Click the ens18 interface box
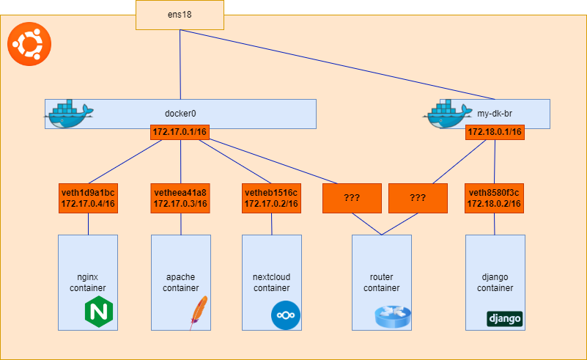tap(180, 15)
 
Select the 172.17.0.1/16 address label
tap(180, 132)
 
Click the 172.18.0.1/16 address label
tap(494, 132)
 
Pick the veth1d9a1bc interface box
tap(88, 198)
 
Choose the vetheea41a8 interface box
tap(180, 198)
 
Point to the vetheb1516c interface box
tap(271, 198)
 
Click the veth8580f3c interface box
tap(494, 198)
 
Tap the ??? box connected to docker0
tap(352, 198)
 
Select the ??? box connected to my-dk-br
tap(418, 198)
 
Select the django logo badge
tap(504, 319)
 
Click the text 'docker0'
tap(180, 114)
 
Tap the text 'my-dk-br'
tap(492, 114)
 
